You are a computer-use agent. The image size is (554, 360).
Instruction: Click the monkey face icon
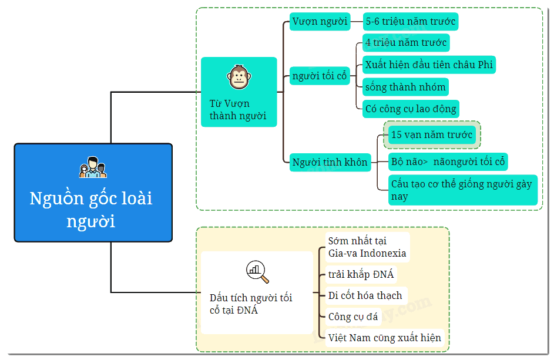coord(239,77)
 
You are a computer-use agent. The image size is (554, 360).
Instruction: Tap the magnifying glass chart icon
coord(257,272)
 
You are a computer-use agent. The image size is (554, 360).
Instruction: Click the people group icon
coord(93,167)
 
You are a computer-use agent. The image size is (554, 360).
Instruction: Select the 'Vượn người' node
coord(320,22)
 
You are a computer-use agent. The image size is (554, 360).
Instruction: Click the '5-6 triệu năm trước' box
coord(411,22)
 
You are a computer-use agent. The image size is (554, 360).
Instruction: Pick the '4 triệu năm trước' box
coord(406,43)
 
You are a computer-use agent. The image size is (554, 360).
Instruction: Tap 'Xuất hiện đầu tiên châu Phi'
coord(429,65)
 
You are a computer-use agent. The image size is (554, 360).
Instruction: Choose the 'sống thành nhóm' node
coord(405,87)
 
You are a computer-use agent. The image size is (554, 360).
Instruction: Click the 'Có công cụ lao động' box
coord(411,109)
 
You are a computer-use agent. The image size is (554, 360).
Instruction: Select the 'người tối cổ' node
coord(320,76)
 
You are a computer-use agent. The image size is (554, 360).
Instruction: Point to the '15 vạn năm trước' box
coord(432,134)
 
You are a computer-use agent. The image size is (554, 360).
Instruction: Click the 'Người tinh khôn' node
coord(330,163)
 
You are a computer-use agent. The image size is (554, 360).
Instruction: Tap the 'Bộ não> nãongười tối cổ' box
coord(448,162)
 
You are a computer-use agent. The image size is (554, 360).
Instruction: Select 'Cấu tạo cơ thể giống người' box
coord(463,190)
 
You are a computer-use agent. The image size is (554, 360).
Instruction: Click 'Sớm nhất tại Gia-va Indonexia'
coord(367,247)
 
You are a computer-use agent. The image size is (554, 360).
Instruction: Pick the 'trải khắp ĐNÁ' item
coord(361,274)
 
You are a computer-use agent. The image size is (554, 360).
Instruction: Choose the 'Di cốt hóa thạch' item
coord(366,295)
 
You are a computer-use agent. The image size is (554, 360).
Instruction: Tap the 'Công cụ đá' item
coord(353,317)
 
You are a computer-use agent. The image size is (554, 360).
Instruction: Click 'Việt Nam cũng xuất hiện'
coord(385,338)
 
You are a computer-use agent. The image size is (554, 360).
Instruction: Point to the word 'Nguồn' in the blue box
coord(56,198)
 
